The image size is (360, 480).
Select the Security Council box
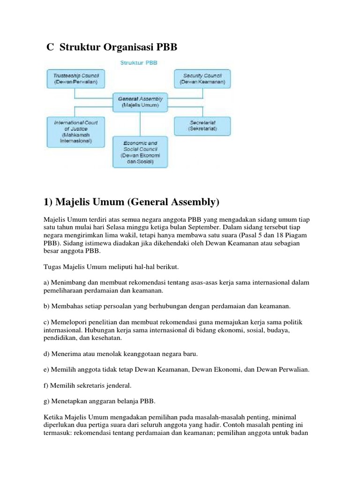coord(202,78)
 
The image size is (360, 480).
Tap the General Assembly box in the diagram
coord(140,102)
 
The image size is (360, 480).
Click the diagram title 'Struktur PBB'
coord(139,62)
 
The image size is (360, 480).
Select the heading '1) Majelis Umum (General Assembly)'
coord(131,202)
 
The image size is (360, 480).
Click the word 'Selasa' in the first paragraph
coord(123,228)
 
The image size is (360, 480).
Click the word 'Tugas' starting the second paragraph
coord(52,267)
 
